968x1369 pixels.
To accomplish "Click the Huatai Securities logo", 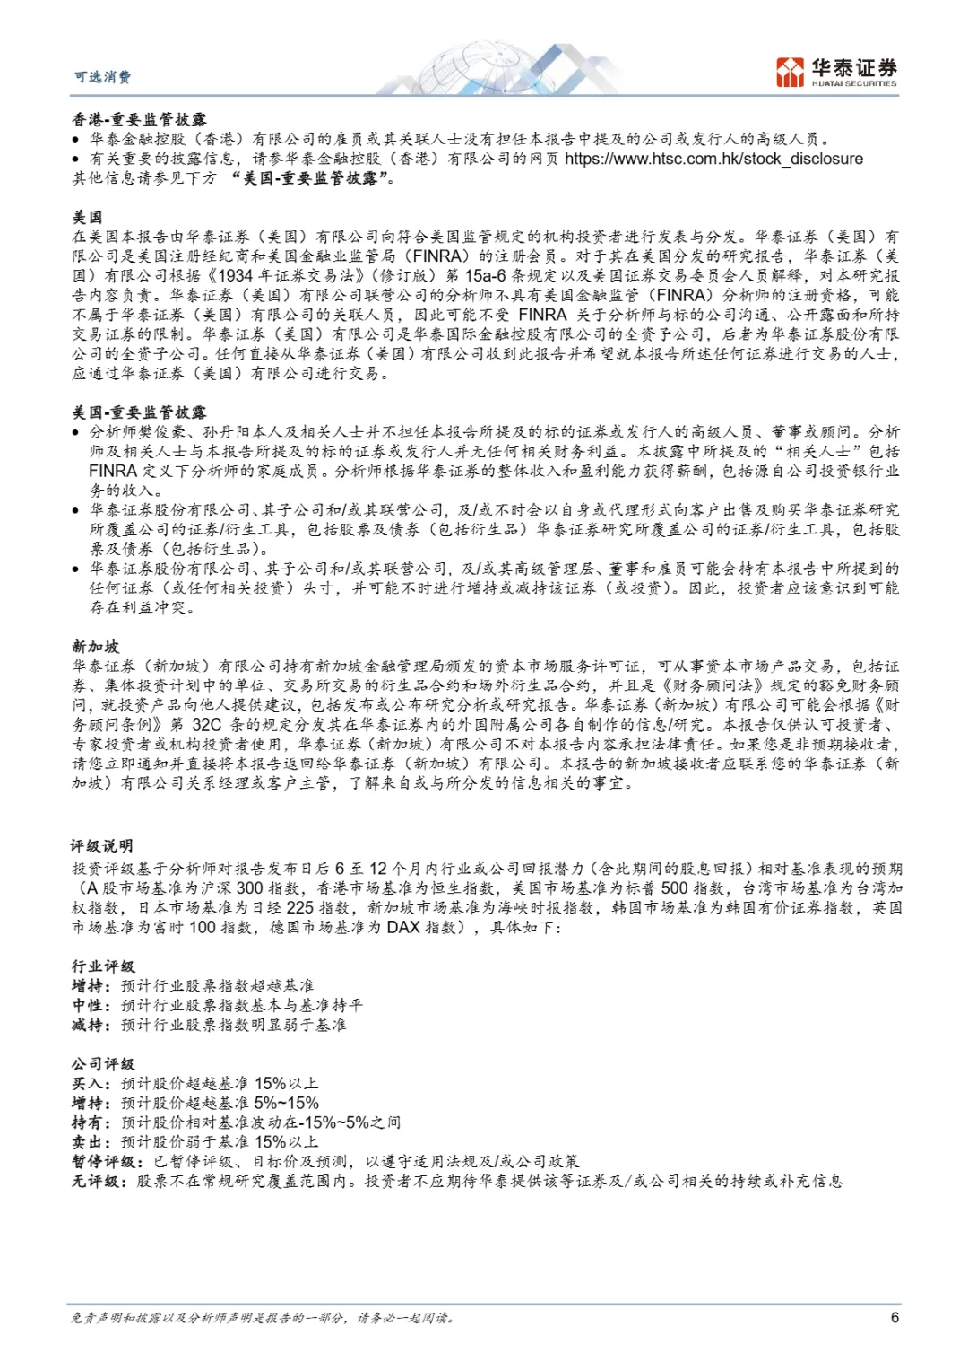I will (835, 72).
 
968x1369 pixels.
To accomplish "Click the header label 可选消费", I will (102, 77).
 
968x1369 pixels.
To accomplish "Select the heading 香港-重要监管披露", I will (139, 119).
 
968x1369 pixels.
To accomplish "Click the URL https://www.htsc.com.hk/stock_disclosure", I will (713, 159).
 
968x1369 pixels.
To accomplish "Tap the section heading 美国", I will (88, 218).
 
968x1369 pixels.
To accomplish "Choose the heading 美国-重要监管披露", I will (139, 412).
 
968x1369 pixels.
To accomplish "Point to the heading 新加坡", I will (96, 646).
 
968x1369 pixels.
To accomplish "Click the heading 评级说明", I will (103, 846).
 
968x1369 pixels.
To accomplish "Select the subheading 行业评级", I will (103, 966).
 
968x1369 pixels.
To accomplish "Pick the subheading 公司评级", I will (103, 1064).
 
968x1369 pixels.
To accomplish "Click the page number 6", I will (895, 1317).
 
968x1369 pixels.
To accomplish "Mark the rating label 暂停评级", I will (104, 1162).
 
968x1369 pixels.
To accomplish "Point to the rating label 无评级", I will (96, 1182).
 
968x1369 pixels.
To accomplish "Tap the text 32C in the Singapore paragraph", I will (206, 724).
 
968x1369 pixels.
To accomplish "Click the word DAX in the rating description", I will (403, 928).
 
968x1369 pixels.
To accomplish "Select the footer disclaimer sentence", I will (264, 1318).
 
